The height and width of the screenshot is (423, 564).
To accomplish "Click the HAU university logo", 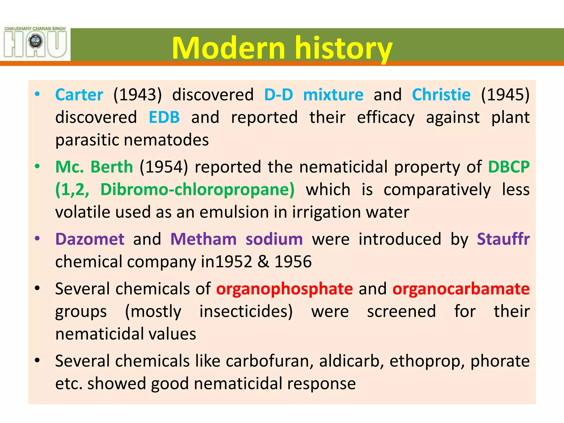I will [x=35, y=42].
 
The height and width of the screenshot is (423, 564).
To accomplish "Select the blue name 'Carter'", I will [x=79, y=95].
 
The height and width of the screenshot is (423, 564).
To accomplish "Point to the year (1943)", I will [x=138, y=95].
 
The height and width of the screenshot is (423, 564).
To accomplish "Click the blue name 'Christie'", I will [x=441, y=95].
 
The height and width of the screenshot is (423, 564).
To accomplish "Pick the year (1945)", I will [x=505, y=95].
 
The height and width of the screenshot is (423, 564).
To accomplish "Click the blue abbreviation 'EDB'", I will [x=164, y=118].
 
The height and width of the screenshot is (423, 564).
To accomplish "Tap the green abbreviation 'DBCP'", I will [x=509, y=167].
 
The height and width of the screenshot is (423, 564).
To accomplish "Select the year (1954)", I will [x=164, y=167].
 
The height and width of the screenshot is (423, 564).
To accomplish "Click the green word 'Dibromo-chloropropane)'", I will [x=197, y=190].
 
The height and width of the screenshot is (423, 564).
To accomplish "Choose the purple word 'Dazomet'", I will [x=90, y=239].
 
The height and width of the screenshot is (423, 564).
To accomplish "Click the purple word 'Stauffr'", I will [x=503, y=239].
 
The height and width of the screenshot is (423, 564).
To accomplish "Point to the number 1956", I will [x=293, y=262].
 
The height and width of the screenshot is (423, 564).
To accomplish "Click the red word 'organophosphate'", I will [x=284, y=289].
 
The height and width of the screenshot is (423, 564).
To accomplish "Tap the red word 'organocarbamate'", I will [x=461, y=289].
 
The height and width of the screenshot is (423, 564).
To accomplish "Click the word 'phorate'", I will [x=500, y=361].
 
